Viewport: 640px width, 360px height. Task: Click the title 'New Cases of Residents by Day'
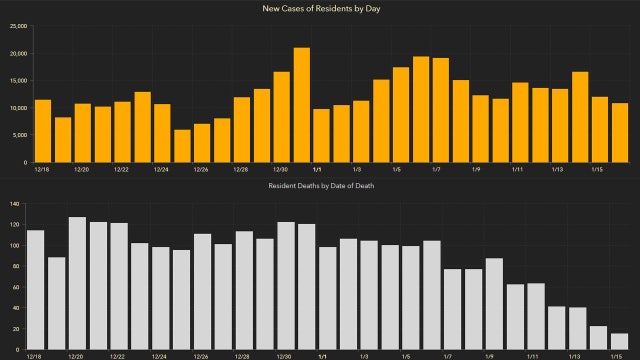pos(320,9)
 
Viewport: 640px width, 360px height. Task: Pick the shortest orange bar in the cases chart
pos(182,146)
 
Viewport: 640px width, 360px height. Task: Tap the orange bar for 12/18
pos(42,131)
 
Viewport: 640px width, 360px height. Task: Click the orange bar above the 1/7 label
pos(441,110)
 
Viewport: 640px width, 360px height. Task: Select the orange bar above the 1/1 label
pos(321,135)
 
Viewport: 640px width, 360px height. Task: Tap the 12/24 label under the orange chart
pos(161,170)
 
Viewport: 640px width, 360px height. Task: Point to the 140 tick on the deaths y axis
pos(14,204)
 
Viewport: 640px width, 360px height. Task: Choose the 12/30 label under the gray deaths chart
pos(285,355)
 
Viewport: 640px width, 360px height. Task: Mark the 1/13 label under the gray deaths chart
pos(575,355)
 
